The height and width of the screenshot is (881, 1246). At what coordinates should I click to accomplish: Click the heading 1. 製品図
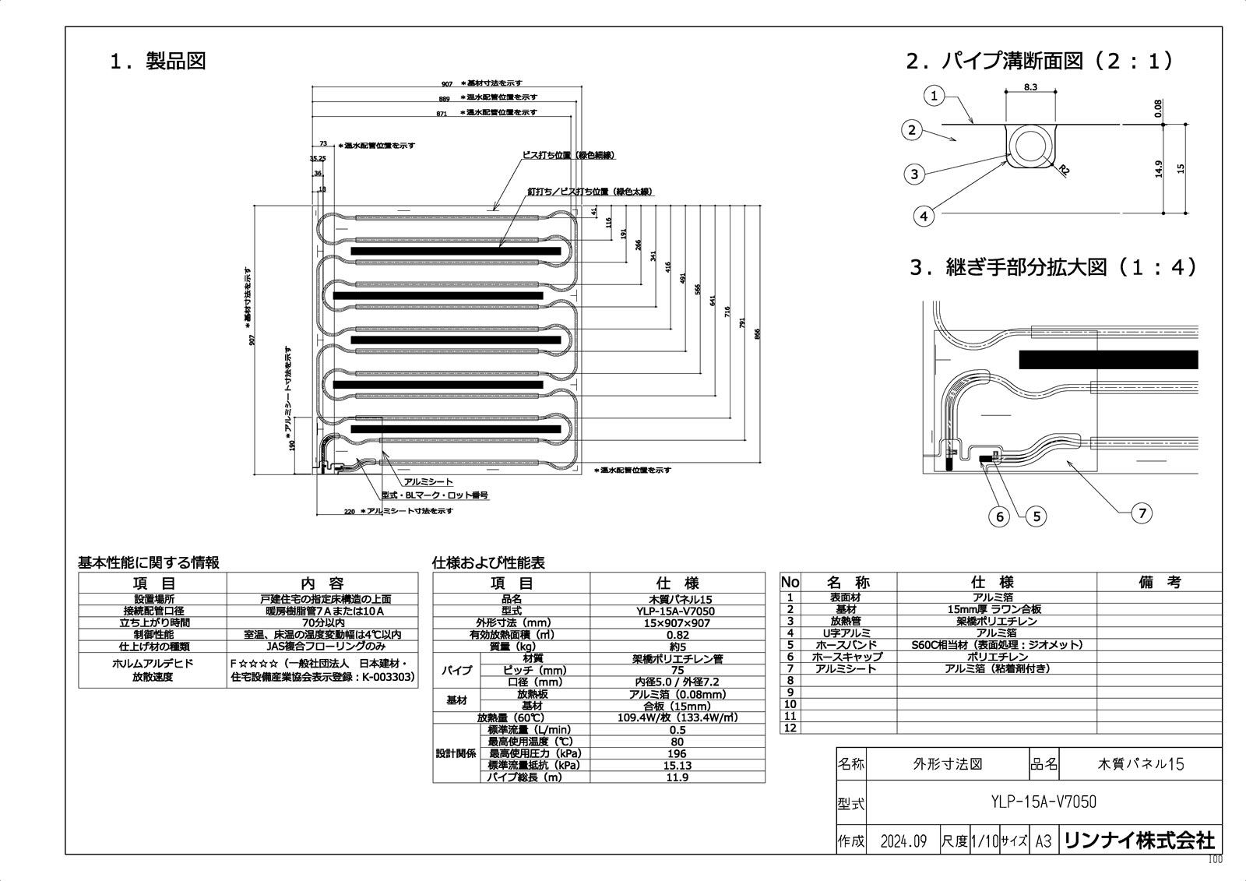[158, 62]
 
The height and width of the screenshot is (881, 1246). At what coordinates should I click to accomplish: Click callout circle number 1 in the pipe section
[935, 97]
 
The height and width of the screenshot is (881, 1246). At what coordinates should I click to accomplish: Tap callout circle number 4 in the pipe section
[923, 216]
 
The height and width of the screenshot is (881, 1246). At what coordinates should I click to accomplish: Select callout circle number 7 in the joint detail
[1142, 513]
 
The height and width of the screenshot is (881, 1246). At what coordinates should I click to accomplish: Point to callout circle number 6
[1000, 516]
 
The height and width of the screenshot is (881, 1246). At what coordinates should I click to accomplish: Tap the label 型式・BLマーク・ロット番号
[435, 495]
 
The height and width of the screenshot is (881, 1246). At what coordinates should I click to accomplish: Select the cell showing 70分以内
[322, 623]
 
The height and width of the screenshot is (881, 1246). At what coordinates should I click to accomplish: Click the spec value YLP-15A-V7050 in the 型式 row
[677, 611]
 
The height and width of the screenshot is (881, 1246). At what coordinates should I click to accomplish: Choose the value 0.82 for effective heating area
[677, 635]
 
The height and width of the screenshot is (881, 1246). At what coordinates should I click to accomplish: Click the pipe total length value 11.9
[677, 777]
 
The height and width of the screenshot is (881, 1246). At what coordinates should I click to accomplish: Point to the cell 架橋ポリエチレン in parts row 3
[996, 622]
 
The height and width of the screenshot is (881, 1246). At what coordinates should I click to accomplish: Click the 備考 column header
[1159, 583]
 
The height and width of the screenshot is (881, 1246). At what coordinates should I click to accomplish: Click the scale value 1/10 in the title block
[984, 841]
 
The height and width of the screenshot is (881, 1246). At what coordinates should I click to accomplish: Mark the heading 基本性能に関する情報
[149, 562]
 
